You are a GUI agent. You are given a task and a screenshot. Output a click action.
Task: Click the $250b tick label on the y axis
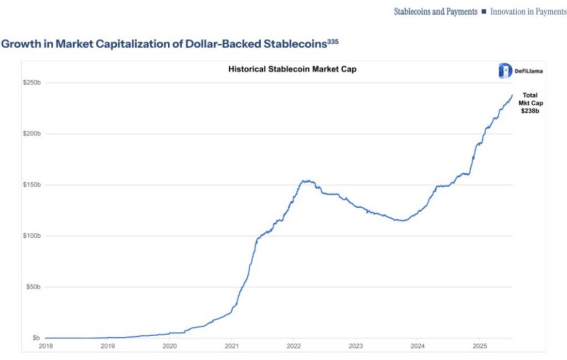point(32,83)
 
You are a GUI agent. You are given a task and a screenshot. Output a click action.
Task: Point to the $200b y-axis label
point(32,134)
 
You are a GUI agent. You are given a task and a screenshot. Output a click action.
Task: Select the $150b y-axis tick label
point(32,185)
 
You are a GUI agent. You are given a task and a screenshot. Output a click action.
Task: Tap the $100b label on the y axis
point(32,236)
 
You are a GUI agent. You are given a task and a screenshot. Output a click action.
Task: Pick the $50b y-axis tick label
point(34,287)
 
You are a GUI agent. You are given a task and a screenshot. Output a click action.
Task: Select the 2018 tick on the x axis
point(46,346)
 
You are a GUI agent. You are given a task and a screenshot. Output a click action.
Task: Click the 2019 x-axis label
point(108,346)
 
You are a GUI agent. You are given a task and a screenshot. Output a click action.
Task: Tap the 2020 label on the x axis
point(169,346)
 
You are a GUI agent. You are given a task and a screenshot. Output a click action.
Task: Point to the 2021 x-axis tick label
point(231,346)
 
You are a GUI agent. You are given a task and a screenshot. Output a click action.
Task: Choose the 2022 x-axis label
point(293,346)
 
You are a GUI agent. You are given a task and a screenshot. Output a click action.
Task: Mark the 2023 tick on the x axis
point(355,346)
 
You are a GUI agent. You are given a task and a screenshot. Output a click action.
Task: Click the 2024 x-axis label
point(417,346)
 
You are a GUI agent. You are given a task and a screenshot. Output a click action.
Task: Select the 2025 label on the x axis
point(480,346)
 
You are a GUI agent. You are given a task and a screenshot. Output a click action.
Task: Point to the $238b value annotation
point(530,111)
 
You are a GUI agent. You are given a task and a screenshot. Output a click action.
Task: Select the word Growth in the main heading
point(19,44)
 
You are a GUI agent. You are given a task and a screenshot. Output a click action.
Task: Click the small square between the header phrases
point(483,12)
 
